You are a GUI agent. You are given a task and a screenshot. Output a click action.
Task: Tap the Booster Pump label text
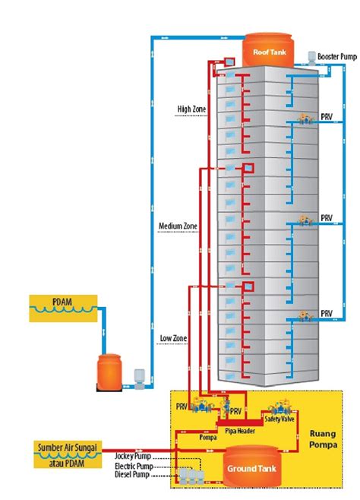(x=337, y=57)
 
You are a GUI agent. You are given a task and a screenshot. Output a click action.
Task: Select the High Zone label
(x=191, y=109)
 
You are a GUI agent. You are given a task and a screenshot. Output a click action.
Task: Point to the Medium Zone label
(x=178, y=226)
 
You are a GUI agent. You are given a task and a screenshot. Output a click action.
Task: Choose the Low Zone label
(x=173, y=338)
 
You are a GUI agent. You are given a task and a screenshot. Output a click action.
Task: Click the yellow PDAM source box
(x=63, y=309)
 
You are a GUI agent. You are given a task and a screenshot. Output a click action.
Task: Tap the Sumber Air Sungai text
(x=68, y=447)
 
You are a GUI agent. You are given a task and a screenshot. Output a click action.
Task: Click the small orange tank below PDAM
(x=109, y=372)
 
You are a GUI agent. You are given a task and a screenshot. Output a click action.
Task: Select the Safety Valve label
(x=279, y=419)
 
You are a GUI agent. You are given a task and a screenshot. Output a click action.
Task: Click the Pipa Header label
(x=240, y=431)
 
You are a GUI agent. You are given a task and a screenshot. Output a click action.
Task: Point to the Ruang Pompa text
(x=323, y=439)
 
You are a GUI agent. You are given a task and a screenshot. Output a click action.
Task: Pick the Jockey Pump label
(x=132, y=457)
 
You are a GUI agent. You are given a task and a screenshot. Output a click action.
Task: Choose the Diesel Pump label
(x=132, y=475)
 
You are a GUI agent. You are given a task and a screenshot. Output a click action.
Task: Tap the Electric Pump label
(x=134, y=466)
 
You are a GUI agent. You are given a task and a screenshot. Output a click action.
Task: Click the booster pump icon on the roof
(x=311, y=58)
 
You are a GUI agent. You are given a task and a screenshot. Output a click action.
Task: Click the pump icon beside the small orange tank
(x=139, y=378)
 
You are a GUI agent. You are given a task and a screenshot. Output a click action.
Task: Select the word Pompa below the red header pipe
(x=208, y=438)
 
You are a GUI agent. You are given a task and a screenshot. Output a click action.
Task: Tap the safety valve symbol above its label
(x=280, y=407)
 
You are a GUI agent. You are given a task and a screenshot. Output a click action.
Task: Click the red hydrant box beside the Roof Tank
(x=229, y=61)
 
